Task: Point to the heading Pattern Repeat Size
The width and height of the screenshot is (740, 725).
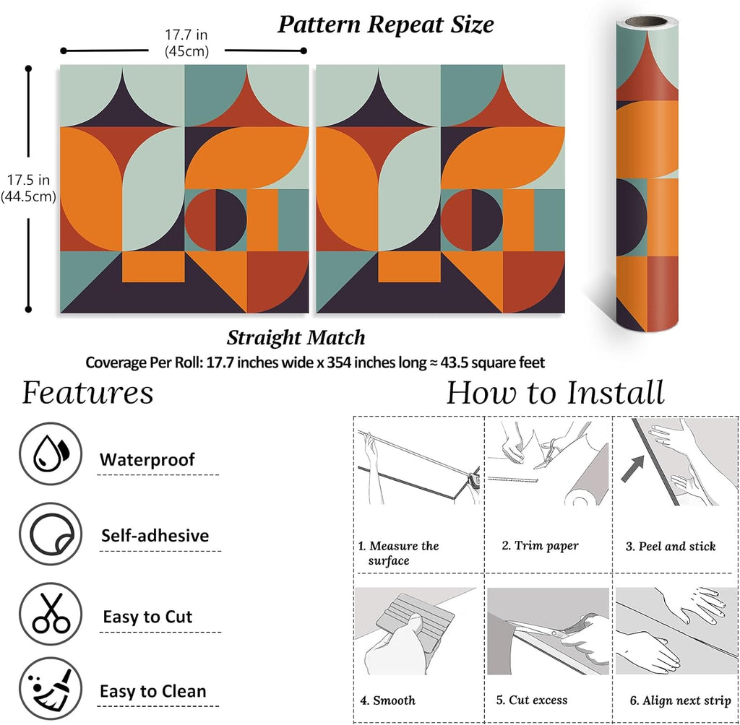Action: [386, 25]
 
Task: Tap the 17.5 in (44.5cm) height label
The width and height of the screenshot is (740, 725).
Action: [28, 188]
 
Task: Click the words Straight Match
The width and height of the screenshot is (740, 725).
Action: [296, 337]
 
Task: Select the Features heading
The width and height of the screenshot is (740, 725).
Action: [87, 394]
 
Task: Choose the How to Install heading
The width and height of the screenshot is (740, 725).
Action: [555, 394]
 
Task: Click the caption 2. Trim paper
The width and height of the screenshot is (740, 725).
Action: [541, 546]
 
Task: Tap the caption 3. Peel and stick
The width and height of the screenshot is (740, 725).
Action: [670, 546]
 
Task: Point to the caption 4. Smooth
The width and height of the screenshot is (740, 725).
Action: [388, 700]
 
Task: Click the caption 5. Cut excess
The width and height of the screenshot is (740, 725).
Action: [532, 700]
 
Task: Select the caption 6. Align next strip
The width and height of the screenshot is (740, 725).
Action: [679, 700]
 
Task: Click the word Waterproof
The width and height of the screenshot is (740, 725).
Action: [147, 459]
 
